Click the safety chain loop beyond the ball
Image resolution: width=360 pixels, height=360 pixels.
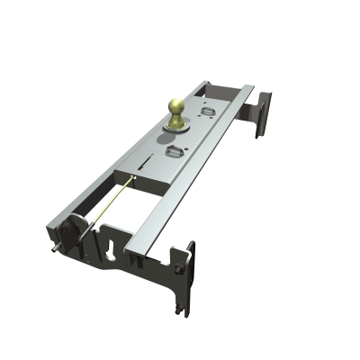209,112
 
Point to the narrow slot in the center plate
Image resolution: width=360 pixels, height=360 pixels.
145,163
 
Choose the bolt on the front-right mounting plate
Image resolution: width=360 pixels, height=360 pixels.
184,252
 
